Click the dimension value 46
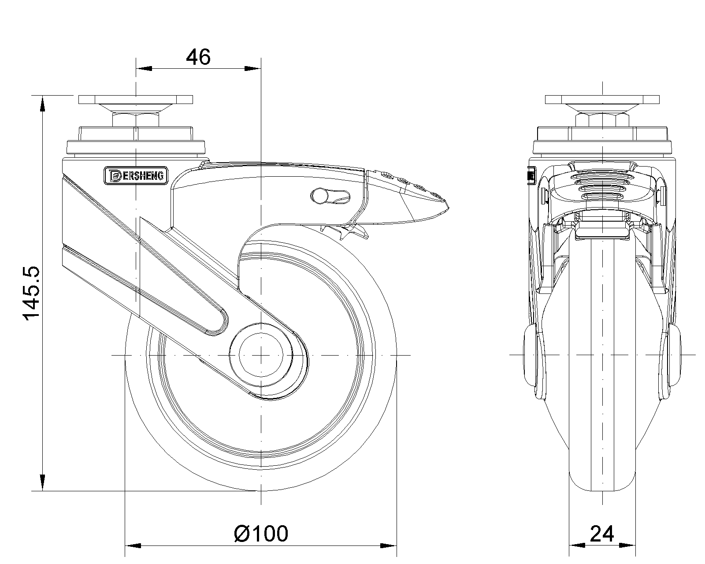point(198,57)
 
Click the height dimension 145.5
point(31,293)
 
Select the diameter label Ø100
point(261,534)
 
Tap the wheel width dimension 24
point(602,534)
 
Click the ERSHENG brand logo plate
point(136,176)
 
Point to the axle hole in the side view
point(261,355)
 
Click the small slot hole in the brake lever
point(330,197)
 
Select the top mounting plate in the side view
point(136,99)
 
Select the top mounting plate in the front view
point(602,99)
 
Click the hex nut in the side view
point(136,120)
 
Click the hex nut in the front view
point(602,120)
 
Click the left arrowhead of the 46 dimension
point(144,68)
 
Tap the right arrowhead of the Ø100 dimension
point(388,545)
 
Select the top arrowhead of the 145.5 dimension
point(42,104)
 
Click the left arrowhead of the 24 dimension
point(577,545)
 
